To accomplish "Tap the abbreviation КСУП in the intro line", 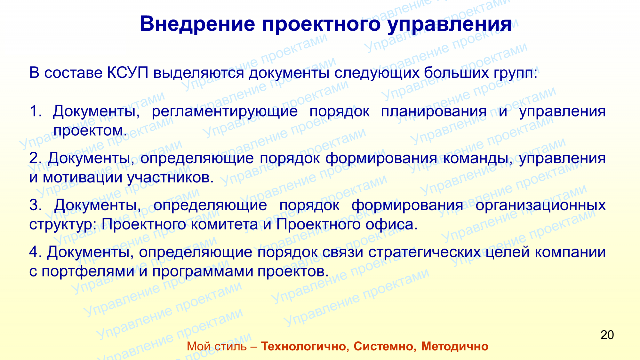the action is (x=128, y=73).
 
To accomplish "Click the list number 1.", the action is (x=36, y=111).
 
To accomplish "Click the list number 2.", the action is (x=36, y=158).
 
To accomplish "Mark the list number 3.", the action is (x=36, y=205).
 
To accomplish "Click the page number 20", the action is (x=607, y=335).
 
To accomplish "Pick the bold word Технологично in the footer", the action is (x=305, y=346).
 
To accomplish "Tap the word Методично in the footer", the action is (x=455, y=347).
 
